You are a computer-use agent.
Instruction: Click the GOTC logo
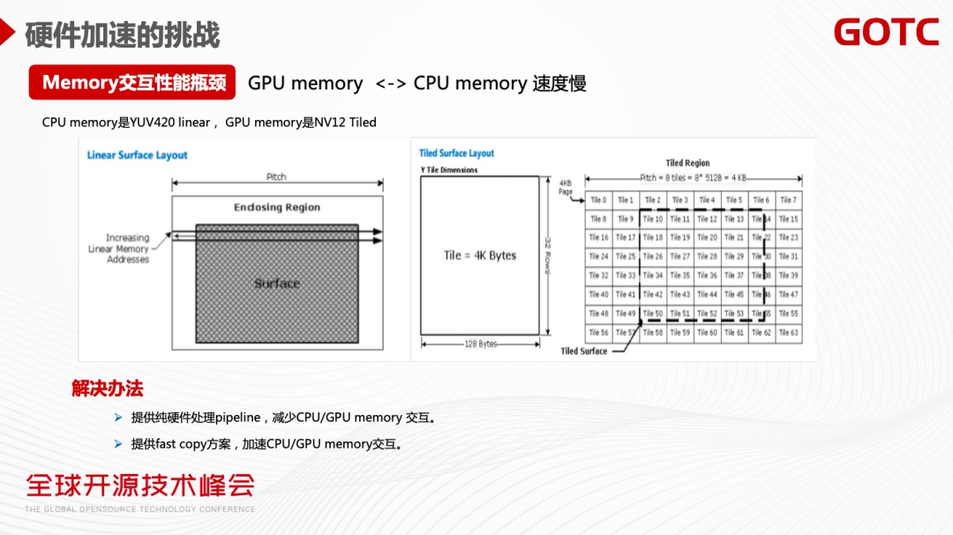click(x=886, y=33)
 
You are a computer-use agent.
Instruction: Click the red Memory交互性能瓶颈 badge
click(x=133, y=83)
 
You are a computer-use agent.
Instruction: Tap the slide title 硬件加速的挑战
click(x=123, y=35)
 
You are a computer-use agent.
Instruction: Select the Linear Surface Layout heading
click(x=137, y=155)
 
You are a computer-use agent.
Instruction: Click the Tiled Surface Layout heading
click(x=456, y=154)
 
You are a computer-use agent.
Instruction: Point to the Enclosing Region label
click(x=277, y=207)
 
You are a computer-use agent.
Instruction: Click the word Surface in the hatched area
click(x=277, y=283)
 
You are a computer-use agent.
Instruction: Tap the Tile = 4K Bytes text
click(x=479, y=255)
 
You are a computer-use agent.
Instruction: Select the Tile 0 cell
click(x=598, y=200)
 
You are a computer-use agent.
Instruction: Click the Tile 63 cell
click(x=789, y=333)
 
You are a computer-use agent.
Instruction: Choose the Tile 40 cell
click(x=598, y=295)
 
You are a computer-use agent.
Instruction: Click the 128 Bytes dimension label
click(x=480, y=344)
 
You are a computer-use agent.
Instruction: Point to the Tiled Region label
click(x=687, y=163)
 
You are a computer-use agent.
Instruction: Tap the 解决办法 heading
click(x=107, y=388)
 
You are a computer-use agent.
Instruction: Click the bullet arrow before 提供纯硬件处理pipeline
click(x=118, y=418)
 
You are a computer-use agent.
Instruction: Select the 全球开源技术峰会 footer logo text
click(x=140, y=485)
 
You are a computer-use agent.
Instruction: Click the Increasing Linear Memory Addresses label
click(x=128, y=249)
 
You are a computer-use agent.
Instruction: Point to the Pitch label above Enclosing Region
click(x=276, y=177)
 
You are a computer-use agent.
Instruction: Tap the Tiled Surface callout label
click(x=583, y=351)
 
